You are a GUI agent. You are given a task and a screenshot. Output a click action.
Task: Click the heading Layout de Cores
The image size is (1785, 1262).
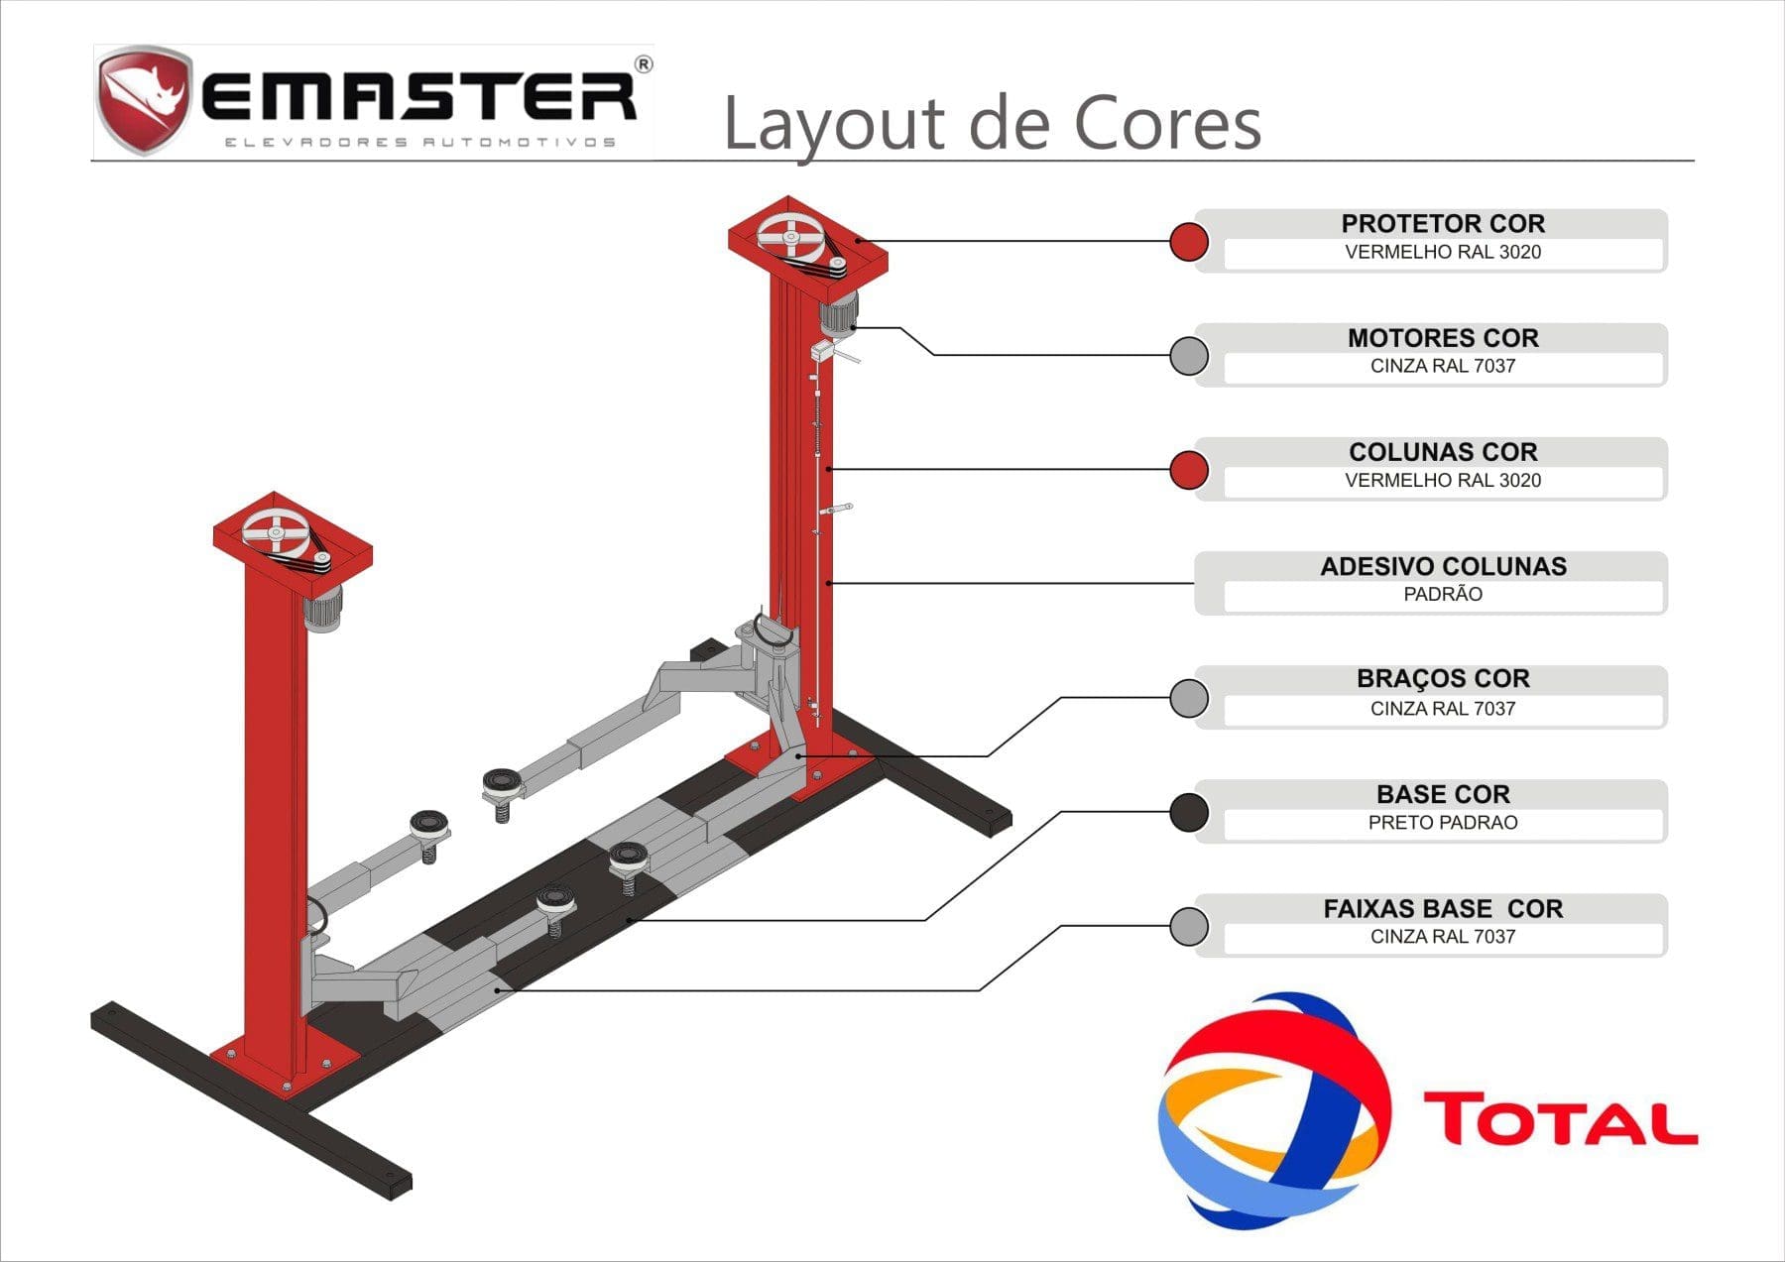click(x=992, y=123)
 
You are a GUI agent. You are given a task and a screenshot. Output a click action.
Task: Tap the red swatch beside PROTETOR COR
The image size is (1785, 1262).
click(x=1188, y=241)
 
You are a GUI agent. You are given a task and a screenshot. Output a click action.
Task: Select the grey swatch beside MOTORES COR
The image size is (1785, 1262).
click(x=1188, y=355)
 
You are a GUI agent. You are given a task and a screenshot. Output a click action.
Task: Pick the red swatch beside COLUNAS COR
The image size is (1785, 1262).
click(x=1188, y=470)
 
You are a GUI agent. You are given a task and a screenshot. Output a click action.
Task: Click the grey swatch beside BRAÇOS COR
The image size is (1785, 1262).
click(x=1188, y=698)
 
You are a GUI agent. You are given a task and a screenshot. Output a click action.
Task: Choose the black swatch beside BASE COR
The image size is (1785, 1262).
click(x=1188, y=812)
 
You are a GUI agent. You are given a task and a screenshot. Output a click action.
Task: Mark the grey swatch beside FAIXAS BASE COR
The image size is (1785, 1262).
click(x=1188, y=926)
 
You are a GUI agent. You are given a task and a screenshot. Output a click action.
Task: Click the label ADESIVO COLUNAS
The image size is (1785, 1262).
click(x=1443, y=566)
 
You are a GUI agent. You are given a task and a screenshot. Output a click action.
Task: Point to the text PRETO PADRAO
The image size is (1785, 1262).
click(x=1443, y=823)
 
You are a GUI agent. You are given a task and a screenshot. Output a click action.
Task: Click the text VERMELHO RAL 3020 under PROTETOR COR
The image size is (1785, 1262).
click(x=1443, y=252)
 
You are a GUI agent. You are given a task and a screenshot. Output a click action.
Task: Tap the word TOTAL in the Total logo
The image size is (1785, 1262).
click(x=1560, y=1119)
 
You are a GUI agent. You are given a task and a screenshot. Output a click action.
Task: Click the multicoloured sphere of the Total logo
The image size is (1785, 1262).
click(x=1274, y=1110)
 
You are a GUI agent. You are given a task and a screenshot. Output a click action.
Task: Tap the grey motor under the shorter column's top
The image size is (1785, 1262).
click(x=322, y=608)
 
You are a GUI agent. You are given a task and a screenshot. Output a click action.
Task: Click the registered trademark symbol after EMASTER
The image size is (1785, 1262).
click(x=643, y=65)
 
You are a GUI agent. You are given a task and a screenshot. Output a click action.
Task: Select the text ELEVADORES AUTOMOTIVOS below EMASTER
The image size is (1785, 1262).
click(x=419, y=143)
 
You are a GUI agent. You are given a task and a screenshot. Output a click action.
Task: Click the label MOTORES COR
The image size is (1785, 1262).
click(x=1443, y=338)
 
